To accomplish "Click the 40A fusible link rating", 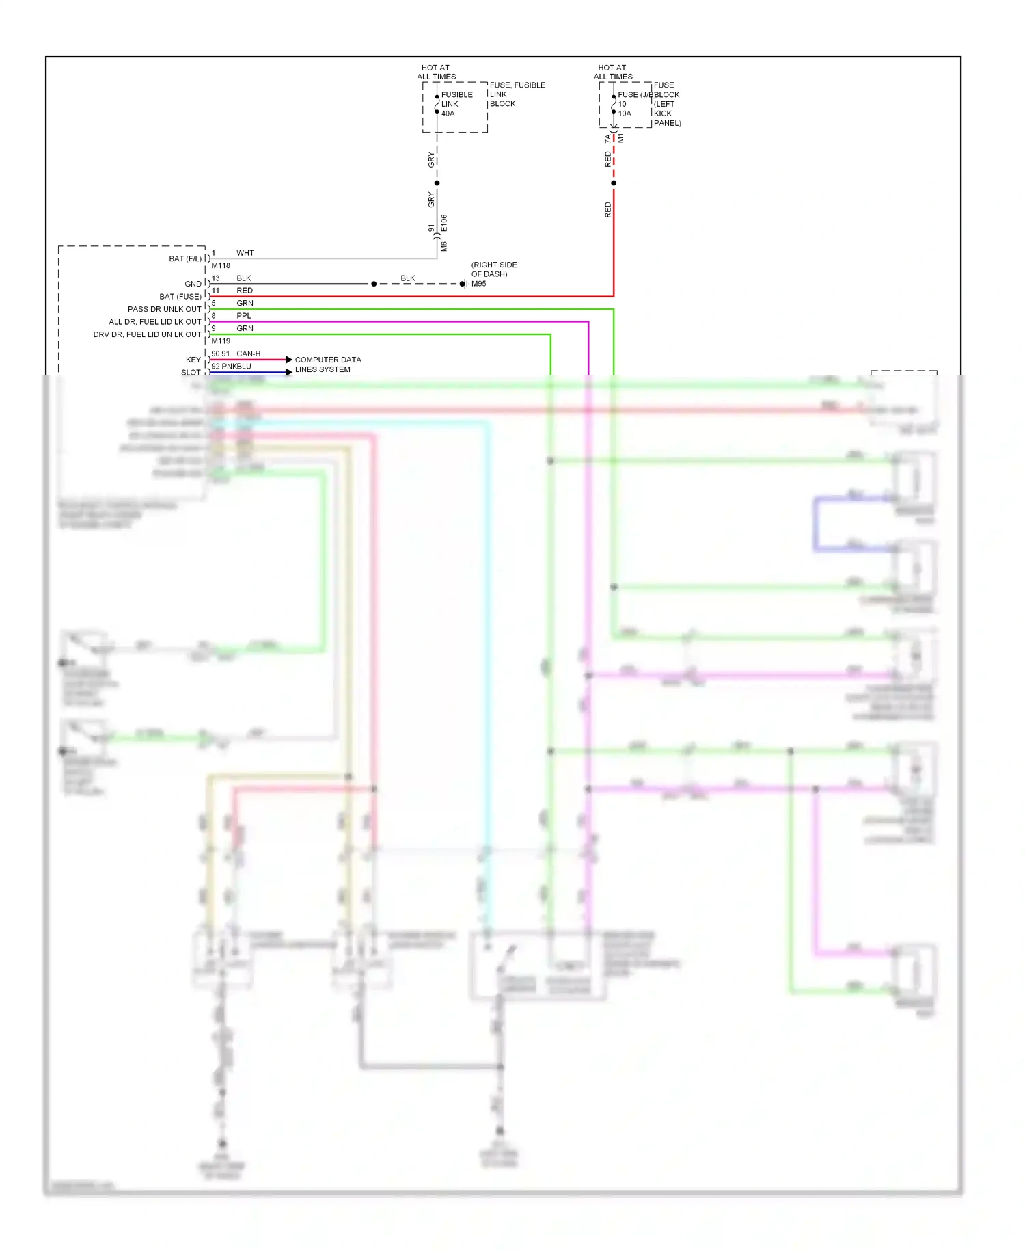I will click(x=448, y=114).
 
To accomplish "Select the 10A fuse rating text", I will click(x=625, y=114).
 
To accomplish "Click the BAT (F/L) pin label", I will click(x=185, y=258).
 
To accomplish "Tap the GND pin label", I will click(x=193, y=284).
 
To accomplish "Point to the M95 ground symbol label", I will click(x=478, y=284).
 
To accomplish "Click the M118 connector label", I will click(x=221, y=265).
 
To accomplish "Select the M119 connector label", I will click(x=221, y=341).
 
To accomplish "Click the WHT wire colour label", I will click(x=245, y=253).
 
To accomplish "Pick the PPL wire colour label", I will click(x=244, y=316).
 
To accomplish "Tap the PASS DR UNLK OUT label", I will click(x=164, y=309).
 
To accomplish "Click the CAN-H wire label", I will click(x=248, y=354).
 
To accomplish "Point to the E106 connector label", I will click(x=444, y=223).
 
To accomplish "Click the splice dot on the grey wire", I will click(x=437, y=183).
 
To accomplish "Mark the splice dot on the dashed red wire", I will click(x=614, y=183).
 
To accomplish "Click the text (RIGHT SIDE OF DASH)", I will click(x=494, y=269).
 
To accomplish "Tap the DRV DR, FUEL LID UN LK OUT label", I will click(x=147, y=334).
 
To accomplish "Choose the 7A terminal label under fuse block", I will click(x=607, y=139).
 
